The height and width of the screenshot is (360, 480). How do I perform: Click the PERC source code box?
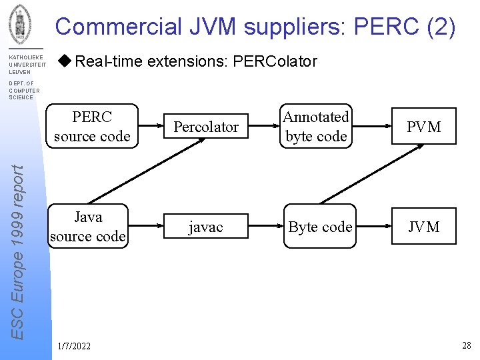(92, 126)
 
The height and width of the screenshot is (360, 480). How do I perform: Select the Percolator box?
(206, 127)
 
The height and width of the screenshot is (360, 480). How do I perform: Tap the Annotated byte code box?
(316, 126)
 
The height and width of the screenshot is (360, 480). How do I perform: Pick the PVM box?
(424, 127)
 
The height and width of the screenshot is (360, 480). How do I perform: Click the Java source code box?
(88, 226)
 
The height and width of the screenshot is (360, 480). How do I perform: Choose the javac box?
(205, 227)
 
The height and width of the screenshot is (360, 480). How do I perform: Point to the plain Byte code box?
(320, 227)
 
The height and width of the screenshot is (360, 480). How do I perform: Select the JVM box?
(424, 227)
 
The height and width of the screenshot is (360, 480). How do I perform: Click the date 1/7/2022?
(74, 346)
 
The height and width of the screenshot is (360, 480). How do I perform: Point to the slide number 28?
(466, 345)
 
